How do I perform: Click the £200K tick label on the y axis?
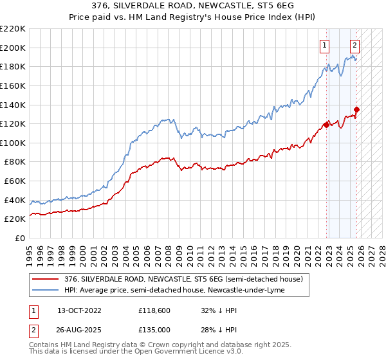13,48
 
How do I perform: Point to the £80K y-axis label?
15,162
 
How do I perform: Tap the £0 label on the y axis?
21,239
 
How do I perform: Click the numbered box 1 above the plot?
324,45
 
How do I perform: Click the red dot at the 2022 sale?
326,125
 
